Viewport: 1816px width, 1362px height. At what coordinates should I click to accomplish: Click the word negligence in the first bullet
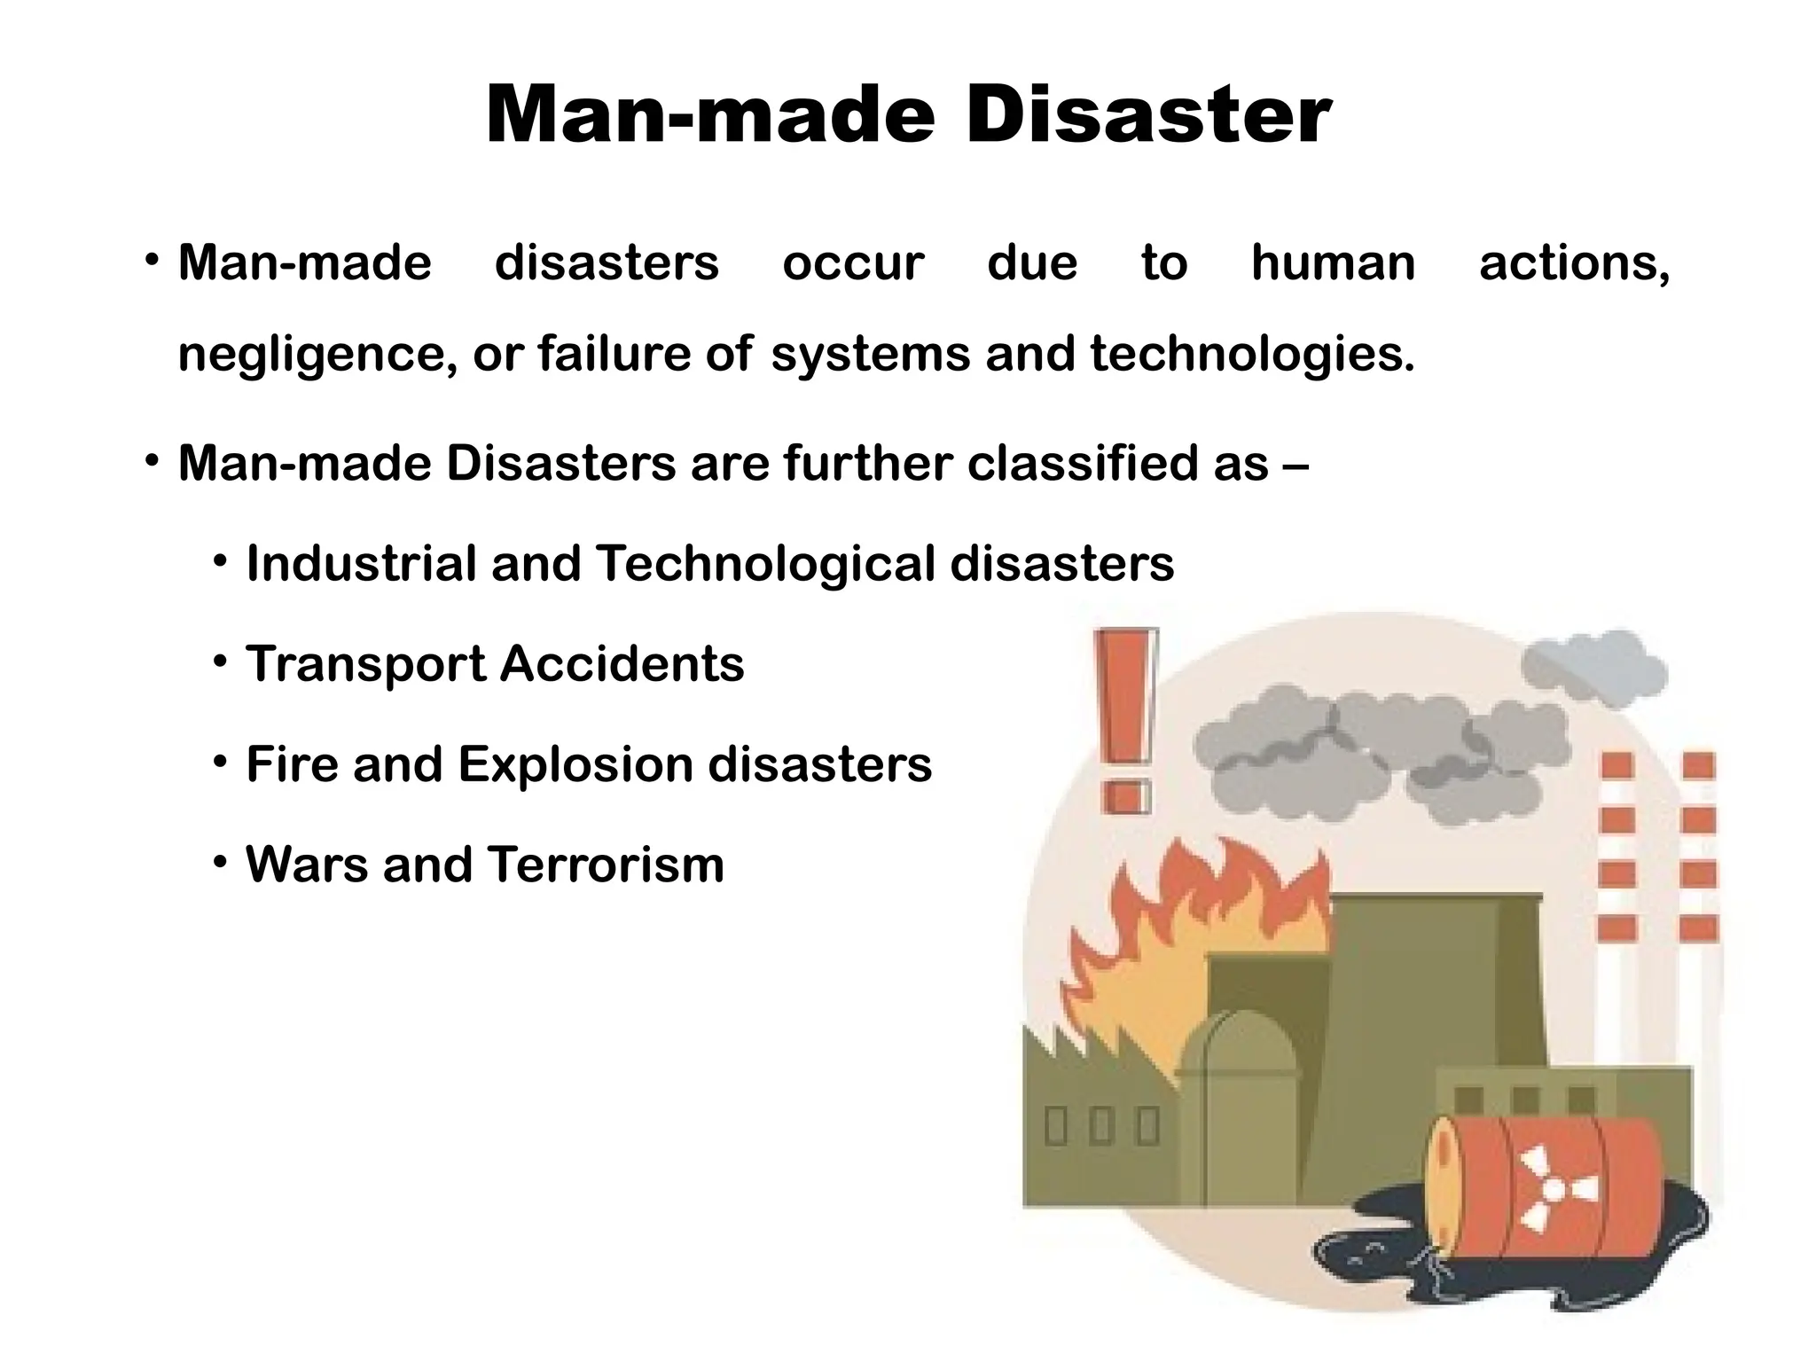(x=317, y=355)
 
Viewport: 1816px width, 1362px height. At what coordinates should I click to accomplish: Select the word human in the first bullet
(x=1333, y=263)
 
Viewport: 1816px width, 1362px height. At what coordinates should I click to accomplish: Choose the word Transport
(x=366, y=665)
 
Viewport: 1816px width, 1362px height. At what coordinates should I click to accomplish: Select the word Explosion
(x=575, y=764)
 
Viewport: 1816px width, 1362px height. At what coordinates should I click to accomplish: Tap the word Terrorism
(x=606, y=865)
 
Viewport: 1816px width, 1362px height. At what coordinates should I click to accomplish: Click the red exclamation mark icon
(x=1126, y=720)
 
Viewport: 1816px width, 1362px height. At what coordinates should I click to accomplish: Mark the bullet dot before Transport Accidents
(x=221, y=662)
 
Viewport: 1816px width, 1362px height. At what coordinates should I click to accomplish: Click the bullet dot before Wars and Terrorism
(x=221, y=863)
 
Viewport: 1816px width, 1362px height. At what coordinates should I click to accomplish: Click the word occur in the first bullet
(x=853, y=263)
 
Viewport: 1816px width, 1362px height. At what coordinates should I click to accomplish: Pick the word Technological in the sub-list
(x=765, y=564)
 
